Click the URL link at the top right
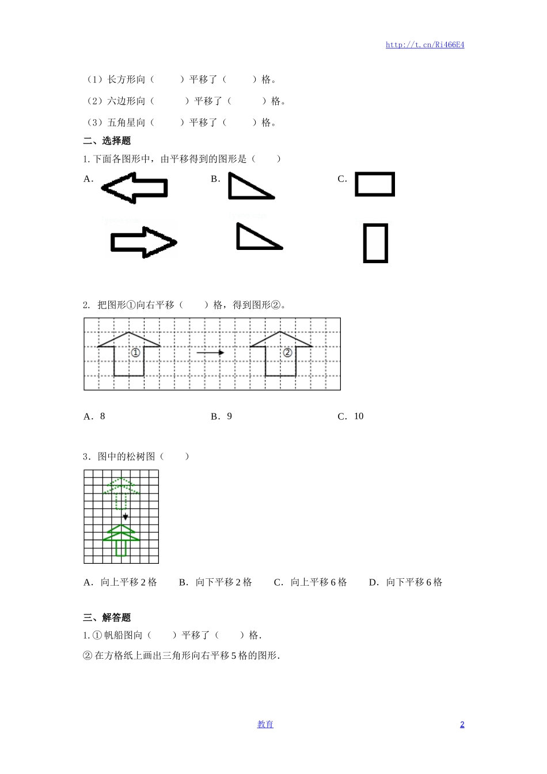[425, 45]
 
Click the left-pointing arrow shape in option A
[135, 188]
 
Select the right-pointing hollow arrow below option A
[143, 242]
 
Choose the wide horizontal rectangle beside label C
[375, 184]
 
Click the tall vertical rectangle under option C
[375, 243]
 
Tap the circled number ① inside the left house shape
[135, 352]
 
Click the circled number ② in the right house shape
[287, 352]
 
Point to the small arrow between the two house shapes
[210, 352]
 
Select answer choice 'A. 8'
[94, 416]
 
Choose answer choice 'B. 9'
[222, 416]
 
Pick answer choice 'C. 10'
[351, 416]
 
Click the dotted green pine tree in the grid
[121, 492]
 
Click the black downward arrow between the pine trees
[126, 516]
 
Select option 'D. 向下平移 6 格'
[406, 582]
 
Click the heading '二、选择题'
[107, 141]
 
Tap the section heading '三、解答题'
[107, 617]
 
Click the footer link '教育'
[265, 724]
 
